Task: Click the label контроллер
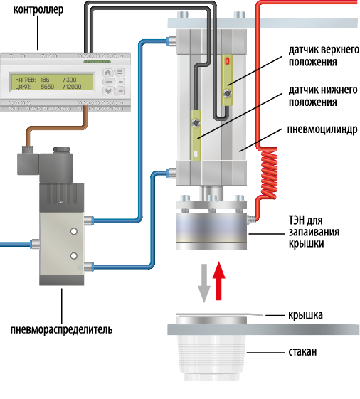pyautogui.click(x=38, y=10)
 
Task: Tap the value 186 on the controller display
pyautogui.click(x=45, y=80)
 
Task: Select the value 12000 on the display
pyautogui.click(x=73, y=87)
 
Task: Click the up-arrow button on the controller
pyautogui.click(x=107, y=73)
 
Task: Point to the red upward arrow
pyautogui.click(x=218, y=281)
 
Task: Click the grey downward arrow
pyautogui.click(x=204, y=283)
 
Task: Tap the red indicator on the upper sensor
pyautogui.click(x=227, y=61)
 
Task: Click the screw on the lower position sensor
pyautogui.click(x=196, y=122)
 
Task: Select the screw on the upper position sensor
pyautogui.click(x=227, y=93)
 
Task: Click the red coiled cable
pyautogui.click(x=269, y=173)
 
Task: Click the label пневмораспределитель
pyautogui.click(x=61, y=329)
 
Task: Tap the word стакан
pyautogui.click(x=302, y=352)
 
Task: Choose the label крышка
pyautogui.click(x=305, y=315)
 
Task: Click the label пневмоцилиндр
pyautogui.click(x=322, y=129)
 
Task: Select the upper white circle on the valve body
pyautogui.click(x=74, y=232)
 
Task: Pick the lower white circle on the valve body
pyautogui.click(x=74, y=256)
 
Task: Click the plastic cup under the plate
pyautogui.click(x=211, y=356)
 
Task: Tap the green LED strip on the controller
pyautogui.click(x=97, y=62)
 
